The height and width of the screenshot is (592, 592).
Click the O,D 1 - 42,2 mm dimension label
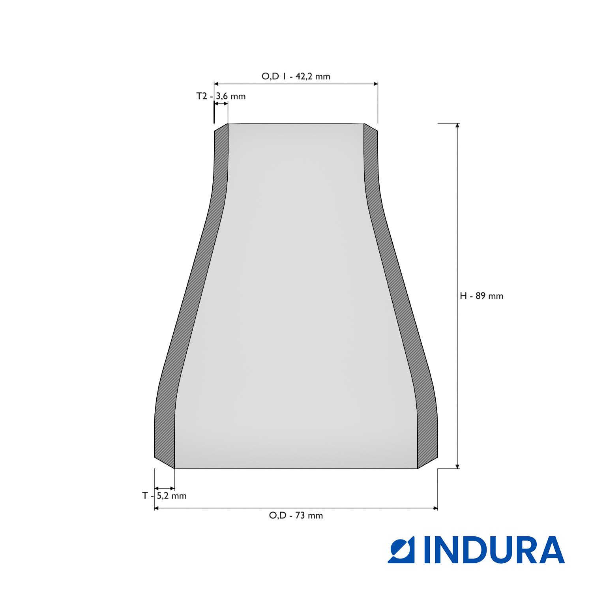[296, 76]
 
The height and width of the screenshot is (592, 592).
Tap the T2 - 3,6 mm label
[221, 96]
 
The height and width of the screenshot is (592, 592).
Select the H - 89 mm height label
[481, 296]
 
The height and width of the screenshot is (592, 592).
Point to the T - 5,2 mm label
[164, 496]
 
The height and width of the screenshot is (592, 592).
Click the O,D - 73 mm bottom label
[296, 515]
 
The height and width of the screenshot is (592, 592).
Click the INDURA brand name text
[494, 549]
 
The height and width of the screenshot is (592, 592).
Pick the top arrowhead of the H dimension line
[457, 126]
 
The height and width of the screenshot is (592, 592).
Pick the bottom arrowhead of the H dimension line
[457, 466]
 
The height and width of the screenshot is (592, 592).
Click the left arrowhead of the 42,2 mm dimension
[216, 84]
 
